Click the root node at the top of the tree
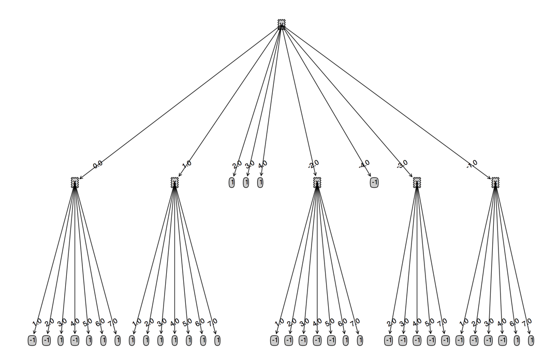(x=281, y=23)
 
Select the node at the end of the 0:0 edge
(x=75, y=182)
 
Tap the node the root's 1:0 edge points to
(x=174, y=182)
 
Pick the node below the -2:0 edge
(x=317, y=182)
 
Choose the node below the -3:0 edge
(x=417, y=182)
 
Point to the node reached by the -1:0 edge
(x=495, y=182)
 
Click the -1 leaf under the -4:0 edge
(x=374, y=182)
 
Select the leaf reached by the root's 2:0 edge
(x=232, y=182)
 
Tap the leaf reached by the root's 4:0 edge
(x=260, y=182)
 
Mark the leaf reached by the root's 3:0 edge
(x=246, y=182)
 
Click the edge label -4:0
(x=364, y=164)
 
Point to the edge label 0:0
(x=97, y=164)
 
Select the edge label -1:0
(x=472, y=164)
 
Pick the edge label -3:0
(x=401, y=165)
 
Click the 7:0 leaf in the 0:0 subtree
(x=118, y=340)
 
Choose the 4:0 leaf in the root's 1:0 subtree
(x=174, y=340)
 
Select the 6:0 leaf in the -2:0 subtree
(x=346, y=340)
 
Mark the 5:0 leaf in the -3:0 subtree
(x=431, y=340)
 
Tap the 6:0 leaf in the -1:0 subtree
(x=517, y=340)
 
